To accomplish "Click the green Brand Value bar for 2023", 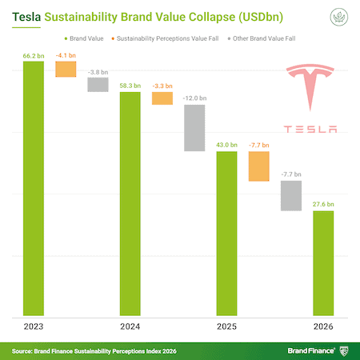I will pyautogui.click(x=33, y=188).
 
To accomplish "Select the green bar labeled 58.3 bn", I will pyautogui.click(x=130, y=203).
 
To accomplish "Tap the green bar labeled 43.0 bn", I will pyautogui.click(x=226, y=234).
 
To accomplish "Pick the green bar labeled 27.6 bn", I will pyautogui.click(x=323, y=263).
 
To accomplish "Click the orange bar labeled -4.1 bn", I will pyautogui.click(x=66, y=70).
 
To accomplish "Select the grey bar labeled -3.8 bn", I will pyautogui.click(x=98, y=84).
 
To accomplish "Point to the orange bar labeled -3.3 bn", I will pyautogui.click(x=162, y=98).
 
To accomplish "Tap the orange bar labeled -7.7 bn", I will pyautogui.click(x=259, y=166).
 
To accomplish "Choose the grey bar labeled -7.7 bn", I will pyautogui.click(x=291, y=196).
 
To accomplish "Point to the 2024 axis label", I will pyautogui.click(x=130, y=327).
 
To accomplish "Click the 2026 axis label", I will pyautogui.click(x=323, y=327).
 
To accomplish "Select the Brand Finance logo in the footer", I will pyautogui.click(x=316, y=350).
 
